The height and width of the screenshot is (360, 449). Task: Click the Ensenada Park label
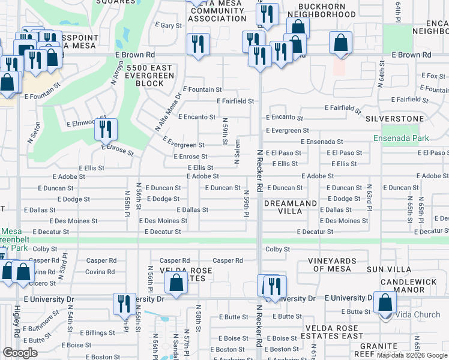tap(401, 138)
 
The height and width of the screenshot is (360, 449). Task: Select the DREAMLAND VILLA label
tap(291, 208)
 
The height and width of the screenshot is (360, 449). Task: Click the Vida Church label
tap(418, 315)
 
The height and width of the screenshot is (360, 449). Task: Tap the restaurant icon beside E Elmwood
tap(106, 129)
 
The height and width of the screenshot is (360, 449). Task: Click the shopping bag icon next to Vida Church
tap(385, 302)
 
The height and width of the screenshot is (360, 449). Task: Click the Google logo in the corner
tap(20, 353)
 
